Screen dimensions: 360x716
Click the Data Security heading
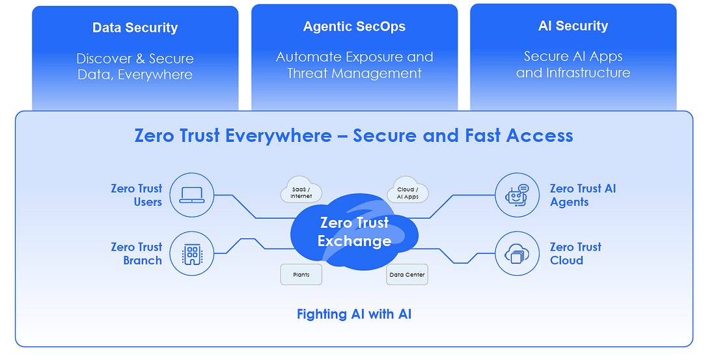pos(135,28)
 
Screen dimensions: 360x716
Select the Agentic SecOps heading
pos(354,27)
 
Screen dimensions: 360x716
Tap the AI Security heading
pos(573,26)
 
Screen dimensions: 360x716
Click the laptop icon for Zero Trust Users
pos(192,195)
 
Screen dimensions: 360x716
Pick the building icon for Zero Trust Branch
pos(192,253)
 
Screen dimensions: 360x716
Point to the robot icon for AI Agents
pos(517,195)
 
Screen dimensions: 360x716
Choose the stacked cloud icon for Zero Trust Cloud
pos(517,253)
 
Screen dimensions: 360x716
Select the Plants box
pos(301,275)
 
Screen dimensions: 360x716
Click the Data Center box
pos(407,275)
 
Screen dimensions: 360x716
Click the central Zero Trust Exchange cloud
pos(354,232)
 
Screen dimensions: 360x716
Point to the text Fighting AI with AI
pos(354,314)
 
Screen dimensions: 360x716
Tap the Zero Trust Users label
pos(137,195)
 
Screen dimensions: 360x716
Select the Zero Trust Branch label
pos(137,254)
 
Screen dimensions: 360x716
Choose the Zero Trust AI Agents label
pos(582,195)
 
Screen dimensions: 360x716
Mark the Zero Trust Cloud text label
pos(575,254)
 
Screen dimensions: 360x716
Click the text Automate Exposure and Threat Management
pos(354,65)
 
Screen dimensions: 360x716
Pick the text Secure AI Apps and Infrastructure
pos(573,64)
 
